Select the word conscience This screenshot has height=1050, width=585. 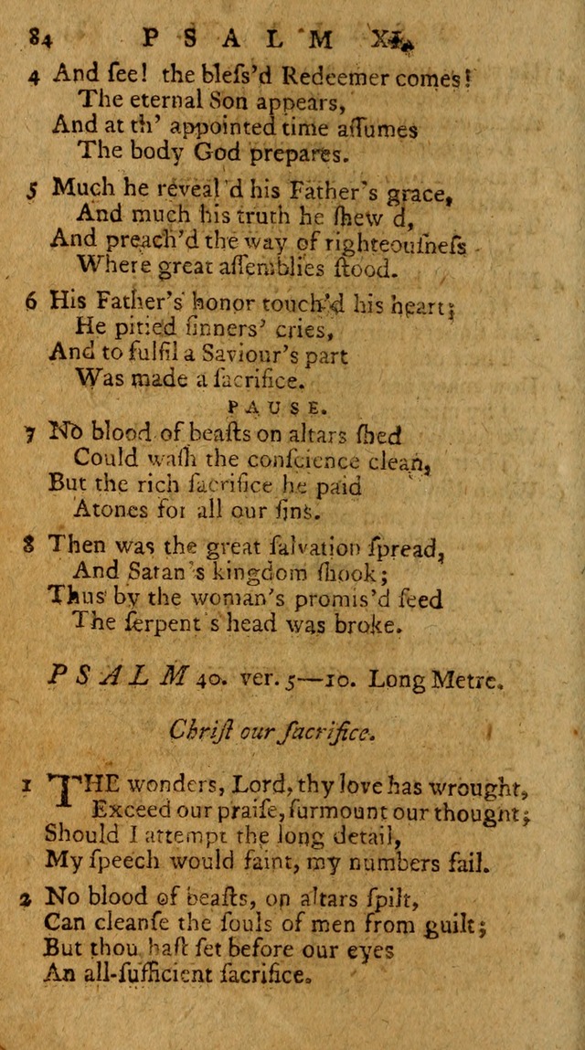[x=298, y=457]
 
